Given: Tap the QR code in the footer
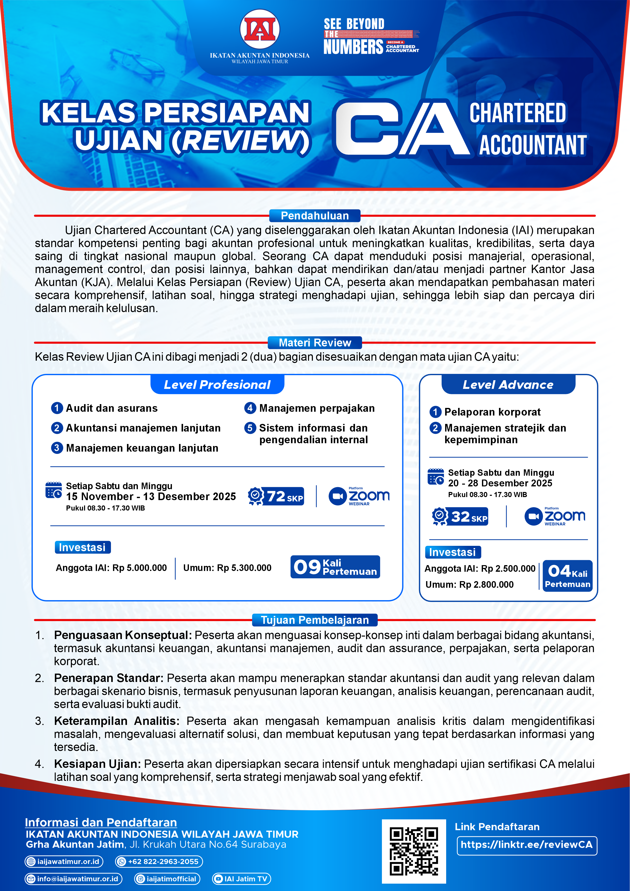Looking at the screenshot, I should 414,851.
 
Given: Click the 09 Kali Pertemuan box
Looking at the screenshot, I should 335,567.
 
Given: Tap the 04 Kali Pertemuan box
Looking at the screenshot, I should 567,576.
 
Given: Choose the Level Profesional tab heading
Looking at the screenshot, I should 217,385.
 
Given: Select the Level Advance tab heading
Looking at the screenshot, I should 508,385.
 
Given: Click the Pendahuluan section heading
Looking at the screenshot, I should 315,216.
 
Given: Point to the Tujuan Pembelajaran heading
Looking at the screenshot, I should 315,620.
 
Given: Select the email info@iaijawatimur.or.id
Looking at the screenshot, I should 74,879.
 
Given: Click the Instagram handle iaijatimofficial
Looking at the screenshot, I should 167,879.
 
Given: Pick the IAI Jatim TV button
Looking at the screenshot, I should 241,879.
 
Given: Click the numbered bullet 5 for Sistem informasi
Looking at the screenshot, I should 250,428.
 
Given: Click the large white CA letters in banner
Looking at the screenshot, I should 401,128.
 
